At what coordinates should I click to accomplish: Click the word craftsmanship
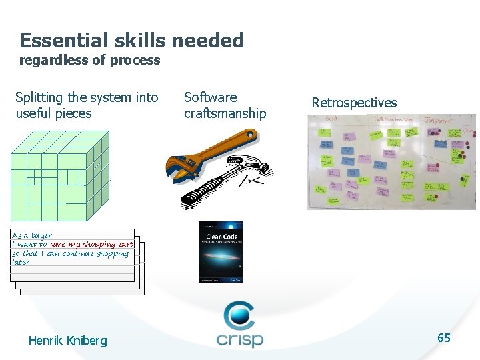[x=225, y=113]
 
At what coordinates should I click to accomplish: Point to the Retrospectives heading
[x=354, y=103]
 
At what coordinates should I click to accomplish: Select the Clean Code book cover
[x=221, y=252]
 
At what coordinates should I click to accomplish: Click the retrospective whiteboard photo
[x=391, y=161]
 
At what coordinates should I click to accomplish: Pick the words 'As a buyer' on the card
[x=32, y=235]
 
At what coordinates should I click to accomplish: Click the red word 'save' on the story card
[x=57, y=245]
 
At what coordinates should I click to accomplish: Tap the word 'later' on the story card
[x=21, y=262]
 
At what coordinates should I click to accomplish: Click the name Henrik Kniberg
[x=67, y=341]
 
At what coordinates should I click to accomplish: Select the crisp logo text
[x=240, y=338]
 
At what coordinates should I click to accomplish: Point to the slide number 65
[x=444, y=338]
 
